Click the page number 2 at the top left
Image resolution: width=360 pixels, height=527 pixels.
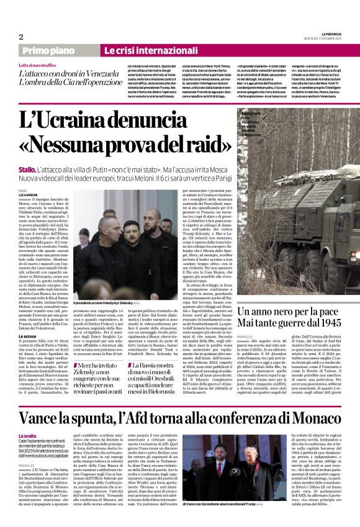tap(22, 37)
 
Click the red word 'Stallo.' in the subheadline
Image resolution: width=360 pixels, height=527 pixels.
tap(27, 168)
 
